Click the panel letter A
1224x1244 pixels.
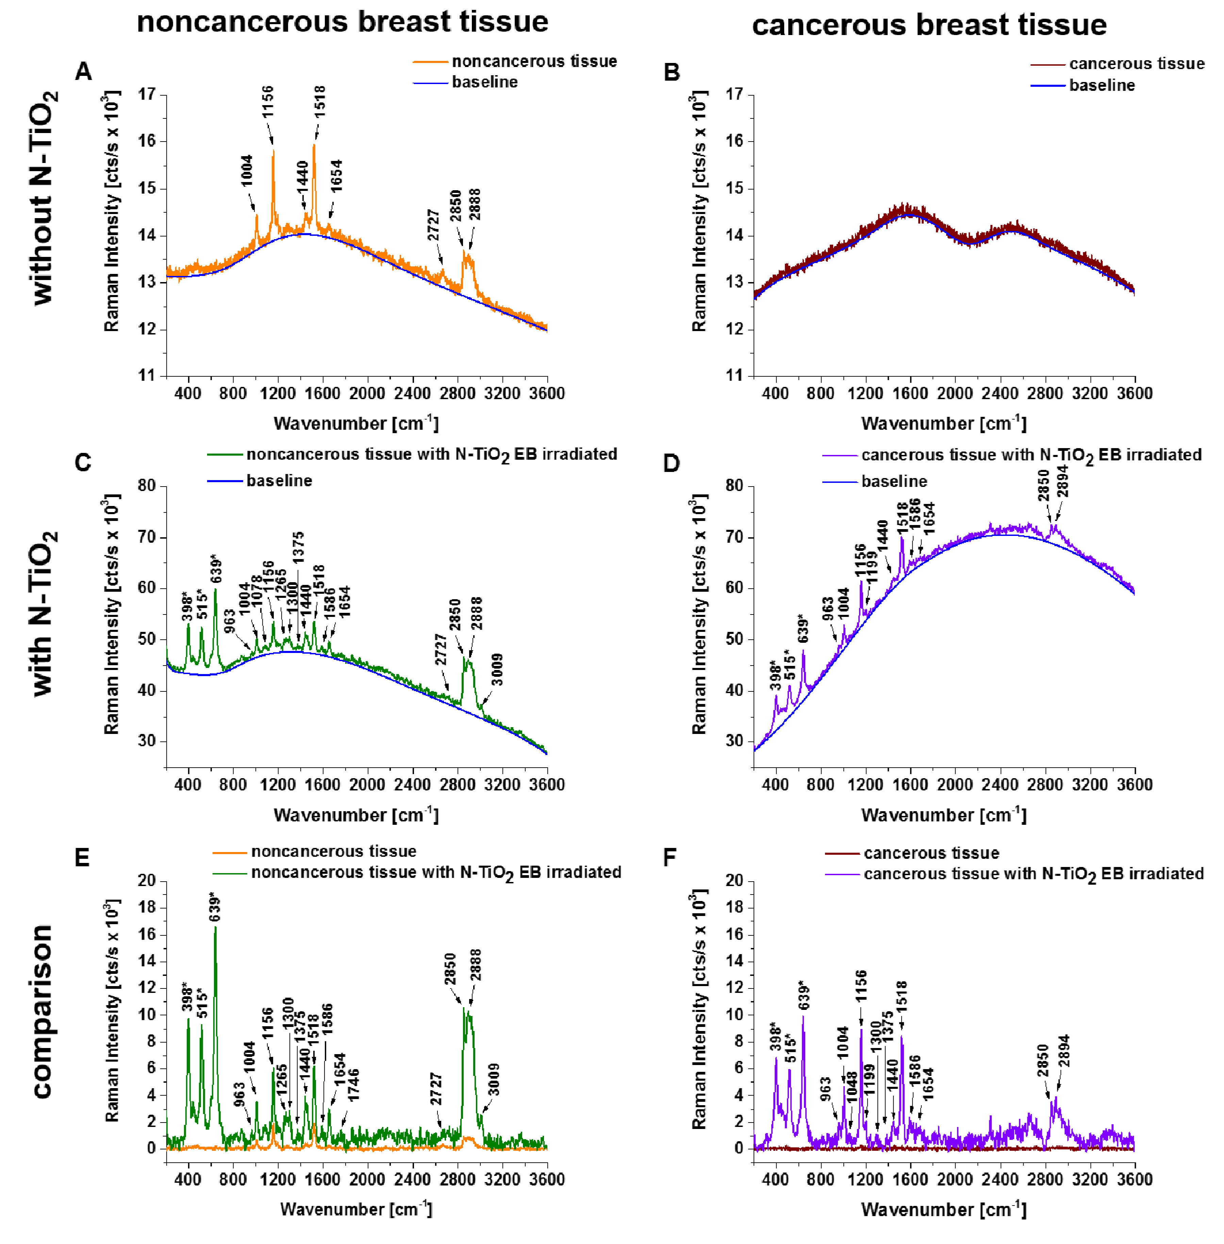pos(83,71)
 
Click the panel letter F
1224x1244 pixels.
pos(670,857)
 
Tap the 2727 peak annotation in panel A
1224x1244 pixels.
pos(433,225)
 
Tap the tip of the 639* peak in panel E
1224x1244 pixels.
pos(215,927)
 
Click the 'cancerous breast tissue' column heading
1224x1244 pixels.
pos(929,25)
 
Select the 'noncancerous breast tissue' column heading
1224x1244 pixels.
pos(343,22)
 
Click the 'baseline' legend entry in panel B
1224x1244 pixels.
pos(1101,85)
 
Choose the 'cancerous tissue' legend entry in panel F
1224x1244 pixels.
pos(931,853)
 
